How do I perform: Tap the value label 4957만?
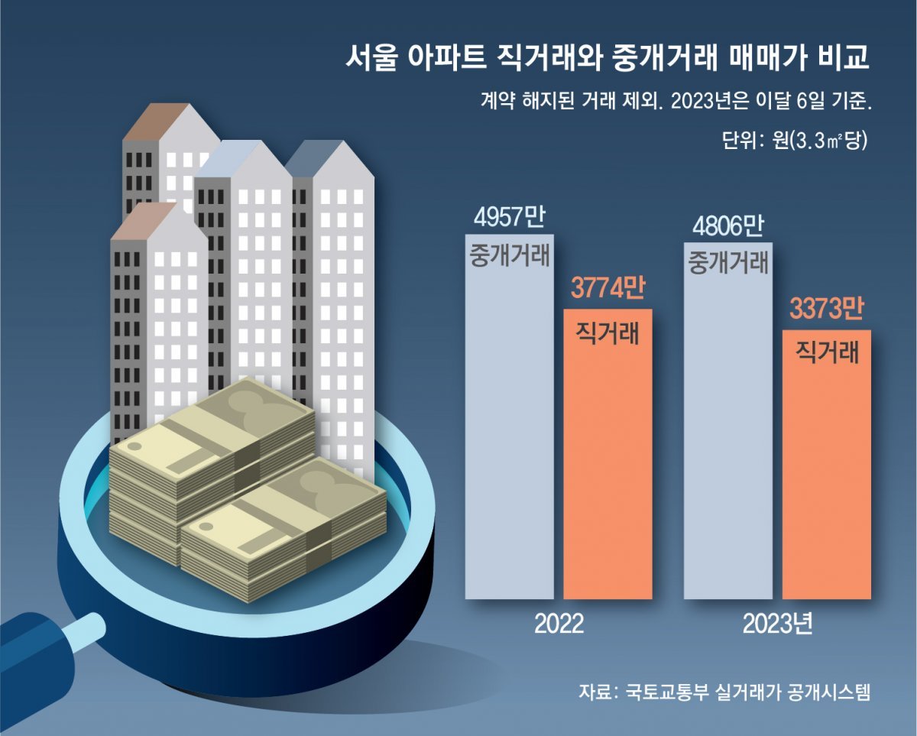[x=508, y=218]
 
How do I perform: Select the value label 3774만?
[x=608, y=290]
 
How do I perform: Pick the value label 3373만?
[x=826, y=310]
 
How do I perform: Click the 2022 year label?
[x=559, y=624]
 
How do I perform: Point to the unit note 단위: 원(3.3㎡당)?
[x=795, y=141]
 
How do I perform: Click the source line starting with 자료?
[x=724, y=692]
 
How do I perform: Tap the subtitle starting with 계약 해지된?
[x=676, y=102]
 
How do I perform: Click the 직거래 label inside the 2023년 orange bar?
[x=828, y=353]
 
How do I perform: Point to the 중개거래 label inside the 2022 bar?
[x=508, y=255]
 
